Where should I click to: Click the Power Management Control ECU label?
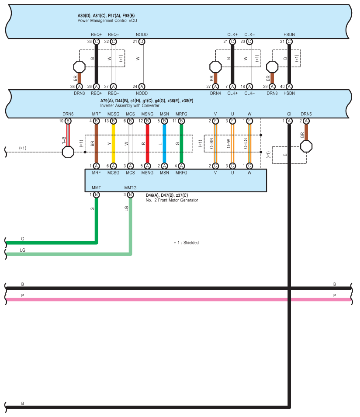coord(107,21)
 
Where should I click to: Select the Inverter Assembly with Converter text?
coord(130,106)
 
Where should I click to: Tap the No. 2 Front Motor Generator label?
coord(172,200)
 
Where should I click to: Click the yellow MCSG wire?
coord(113,143)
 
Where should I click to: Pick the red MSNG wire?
coord(147,143)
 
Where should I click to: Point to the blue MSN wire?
coord(164,143)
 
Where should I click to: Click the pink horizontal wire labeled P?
coord(178,299)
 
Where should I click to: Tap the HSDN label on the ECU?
coord(289,35)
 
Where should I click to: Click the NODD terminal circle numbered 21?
coord(142,42)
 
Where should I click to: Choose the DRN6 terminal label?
coord(68,114)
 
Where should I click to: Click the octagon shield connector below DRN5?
coord(306,146)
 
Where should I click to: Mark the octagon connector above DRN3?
coord(79,67)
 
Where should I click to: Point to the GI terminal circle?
coord(289,121)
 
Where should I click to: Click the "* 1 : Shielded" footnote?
coord(187,243)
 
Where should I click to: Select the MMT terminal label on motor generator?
coord(96,188)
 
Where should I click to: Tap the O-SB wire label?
coord(211,144)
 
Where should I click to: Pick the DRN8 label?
coord(272,94)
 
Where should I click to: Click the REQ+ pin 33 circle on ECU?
coord(96,42)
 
